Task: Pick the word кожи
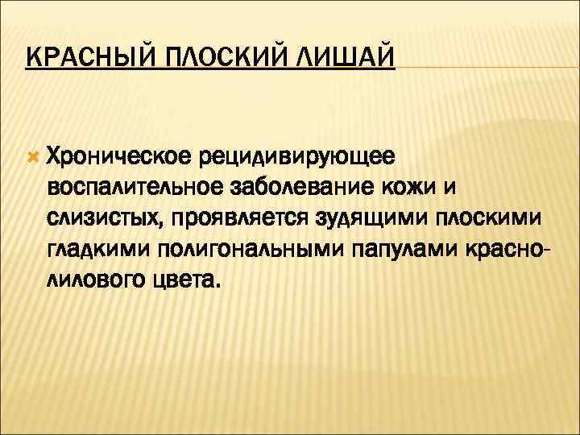point(416,186)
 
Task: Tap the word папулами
point(400,251)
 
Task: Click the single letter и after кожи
point(449,186)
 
